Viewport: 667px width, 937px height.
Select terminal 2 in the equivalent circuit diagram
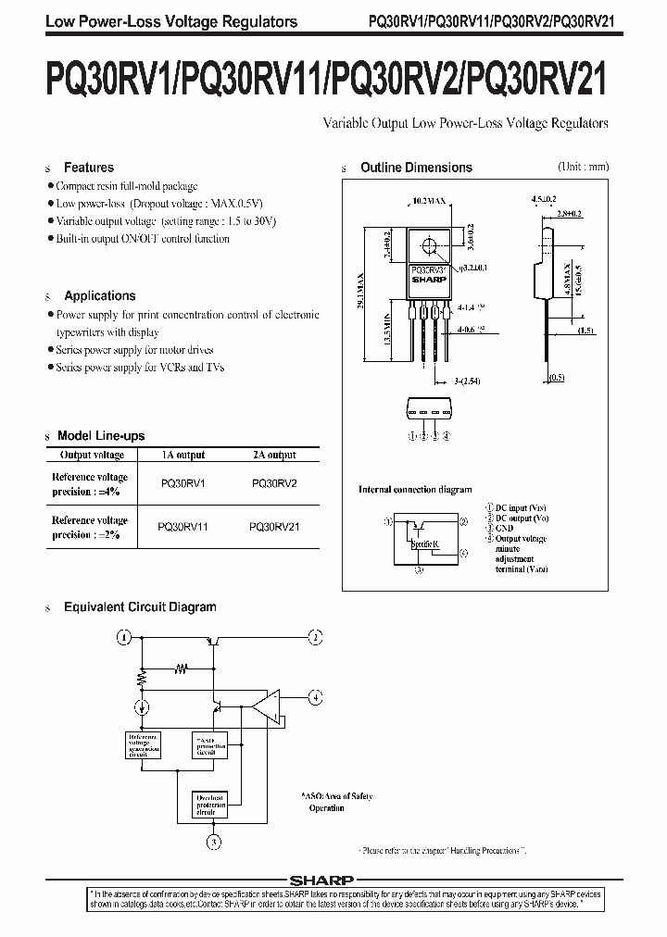(316, 637)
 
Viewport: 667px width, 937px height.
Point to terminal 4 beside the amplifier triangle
(316, 696)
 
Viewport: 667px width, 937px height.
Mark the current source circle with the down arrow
(142, 708)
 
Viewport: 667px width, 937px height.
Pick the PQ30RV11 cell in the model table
(183, 526)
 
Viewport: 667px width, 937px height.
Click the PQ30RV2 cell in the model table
(274, 482)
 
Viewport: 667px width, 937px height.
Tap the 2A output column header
(274, 455)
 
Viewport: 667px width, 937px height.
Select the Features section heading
(88, 168)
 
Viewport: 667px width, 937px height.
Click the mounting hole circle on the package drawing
(428, 245)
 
